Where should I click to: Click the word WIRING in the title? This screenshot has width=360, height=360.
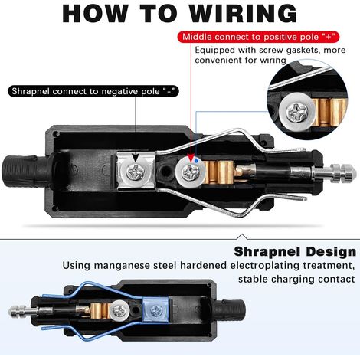click(x=244, y=14)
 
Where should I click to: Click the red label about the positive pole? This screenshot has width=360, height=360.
click(x=258, y=37)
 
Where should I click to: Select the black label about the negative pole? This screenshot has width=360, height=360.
click(x=93, y=91)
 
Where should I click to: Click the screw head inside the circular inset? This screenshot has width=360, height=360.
click(x=296, y=113)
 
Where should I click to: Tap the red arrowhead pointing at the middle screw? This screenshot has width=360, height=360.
click(x=191, y=158)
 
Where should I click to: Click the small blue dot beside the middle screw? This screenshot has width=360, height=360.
click(x=196, y=161)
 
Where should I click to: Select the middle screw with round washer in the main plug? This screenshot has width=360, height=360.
click(x=190, y=172)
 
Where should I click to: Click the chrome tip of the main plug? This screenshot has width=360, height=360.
click(x=342, y=173)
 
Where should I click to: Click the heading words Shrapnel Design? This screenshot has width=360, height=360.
click(x=295, y=252)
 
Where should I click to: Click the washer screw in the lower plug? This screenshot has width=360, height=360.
click(x=119, y=310)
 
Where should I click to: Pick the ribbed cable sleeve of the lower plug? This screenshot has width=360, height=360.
click(x=229, y=308)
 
